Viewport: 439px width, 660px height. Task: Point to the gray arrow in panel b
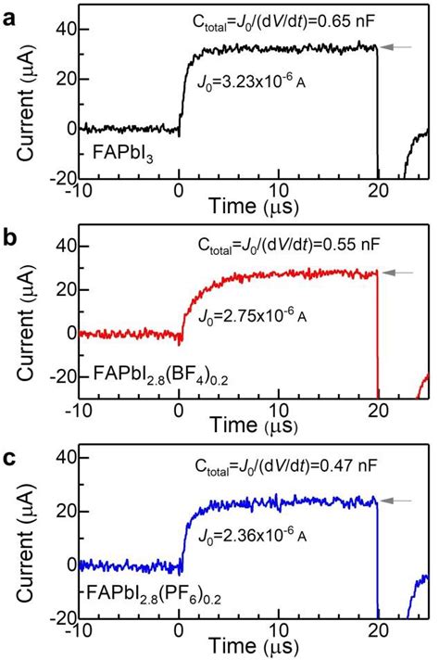click(x=400, y=273)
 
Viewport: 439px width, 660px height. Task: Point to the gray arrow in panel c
click(x=400, y=501)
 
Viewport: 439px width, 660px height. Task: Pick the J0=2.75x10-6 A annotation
click(x=255, y=318)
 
